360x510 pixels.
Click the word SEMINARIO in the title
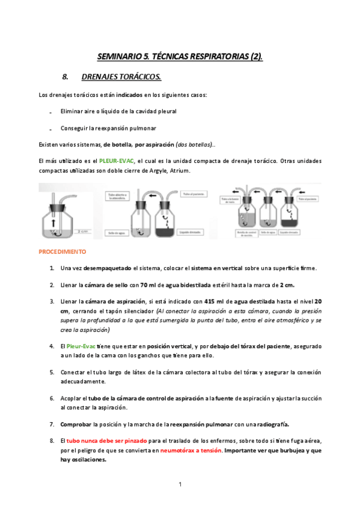coord(117,57)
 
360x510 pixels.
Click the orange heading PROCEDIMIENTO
coord(62,251)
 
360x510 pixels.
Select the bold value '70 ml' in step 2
coord(148,284)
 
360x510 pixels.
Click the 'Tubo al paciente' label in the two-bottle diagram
coord(192,194)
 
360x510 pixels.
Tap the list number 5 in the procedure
coord(52,372)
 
